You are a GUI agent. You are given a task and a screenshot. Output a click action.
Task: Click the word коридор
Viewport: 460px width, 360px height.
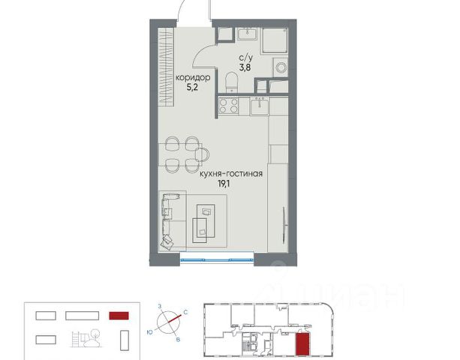coord(193,78)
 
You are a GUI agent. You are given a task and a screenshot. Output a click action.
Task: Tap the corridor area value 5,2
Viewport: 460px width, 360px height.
coord(192,88)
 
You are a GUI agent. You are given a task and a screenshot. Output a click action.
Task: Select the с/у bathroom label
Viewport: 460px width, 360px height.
coord(245,58)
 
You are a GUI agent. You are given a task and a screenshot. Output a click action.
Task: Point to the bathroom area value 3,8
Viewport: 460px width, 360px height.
coord(245,67)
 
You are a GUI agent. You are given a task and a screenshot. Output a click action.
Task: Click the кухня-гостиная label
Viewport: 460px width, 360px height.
coord(231,174)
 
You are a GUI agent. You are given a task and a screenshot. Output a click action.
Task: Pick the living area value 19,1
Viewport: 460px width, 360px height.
coord(224,184)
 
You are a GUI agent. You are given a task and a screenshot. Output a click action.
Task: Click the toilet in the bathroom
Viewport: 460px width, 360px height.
coord(231,82)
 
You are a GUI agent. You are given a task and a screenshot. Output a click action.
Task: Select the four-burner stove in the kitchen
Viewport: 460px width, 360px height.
coord(229,106)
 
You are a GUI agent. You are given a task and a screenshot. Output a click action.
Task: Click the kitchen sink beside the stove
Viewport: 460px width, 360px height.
coord(260,106)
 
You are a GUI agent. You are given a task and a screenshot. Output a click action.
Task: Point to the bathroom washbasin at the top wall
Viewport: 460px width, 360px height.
coord(247,34)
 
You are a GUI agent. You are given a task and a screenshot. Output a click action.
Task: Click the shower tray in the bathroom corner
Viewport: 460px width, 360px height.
coord(275,40)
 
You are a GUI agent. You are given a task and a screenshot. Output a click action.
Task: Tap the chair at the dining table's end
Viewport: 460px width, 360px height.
coord(203,154)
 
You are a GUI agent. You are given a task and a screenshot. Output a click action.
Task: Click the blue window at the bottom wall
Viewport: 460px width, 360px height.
coord(217,259)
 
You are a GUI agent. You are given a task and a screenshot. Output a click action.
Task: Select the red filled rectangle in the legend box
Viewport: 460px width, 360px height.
coord(119,316)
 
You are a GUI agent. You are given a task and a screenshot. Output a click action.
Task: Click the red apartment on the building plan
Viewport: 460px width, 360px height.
coord(302,344)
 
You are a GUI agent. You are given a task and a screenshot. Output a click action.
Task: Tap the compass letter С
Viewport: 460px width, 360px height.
coord(185,313)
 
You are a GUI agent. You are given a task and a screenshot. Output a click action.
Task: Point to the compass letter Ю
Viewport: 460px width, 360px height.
coord(149,332)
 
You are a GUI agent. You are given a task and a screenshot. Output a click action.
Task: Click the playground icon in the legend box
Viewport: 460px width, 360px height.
coord(86,338)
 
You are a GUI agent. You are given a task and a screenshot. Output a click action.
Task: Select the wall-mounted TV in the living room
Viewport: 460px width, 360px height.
coord(284,225)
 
